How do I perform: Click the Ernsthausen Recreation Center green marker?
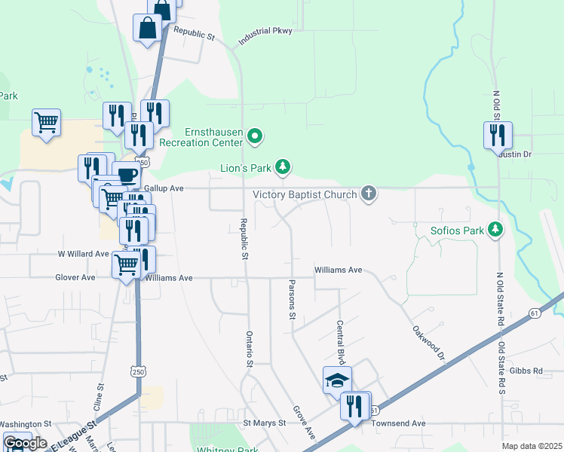coord(256,136)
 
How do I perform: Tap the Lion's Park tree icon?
coord(283,166)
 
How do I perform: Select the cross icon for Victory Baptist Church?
coord(369,194)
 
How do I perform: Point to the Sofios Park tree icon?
coord(495,229)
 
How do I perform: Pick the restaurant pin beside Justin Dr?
coord(498,136)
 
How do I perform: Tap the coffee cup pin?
coord(127,175)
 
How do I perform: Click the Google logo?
coord(24,442)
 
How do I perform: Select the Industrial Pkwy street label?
coord(265,36)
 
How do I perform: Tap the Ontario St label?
coord(247,349)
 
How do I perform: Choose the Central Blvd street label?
coord(339,341)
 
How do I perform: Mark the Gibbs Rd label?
coord(526,371)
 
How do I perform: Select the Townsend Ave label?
coord(399,423)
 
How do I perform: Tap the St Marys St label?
coord(264,423)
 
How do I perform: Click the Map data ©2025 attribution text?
coord(532,446)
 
